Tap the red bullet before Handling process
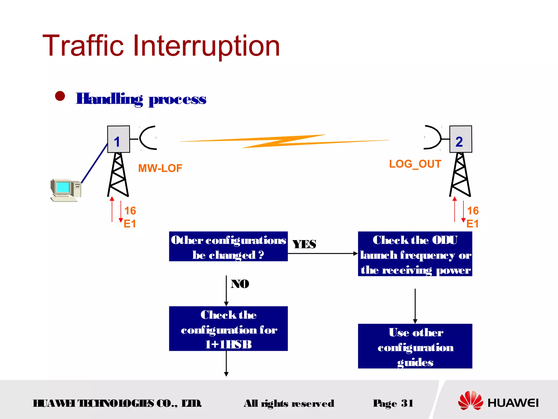pos(60,96)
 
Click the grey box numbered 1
pos(118,139)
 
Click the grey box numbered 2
pos(460,139)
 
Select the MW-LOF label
pos(160,168)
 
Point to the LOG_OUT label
pos(415,164)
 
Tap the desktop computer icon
pos(66,190)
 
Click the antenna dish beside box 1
pos(147,138)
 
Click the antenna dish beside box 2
pos(433,137)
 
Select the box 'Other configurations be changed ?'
pos(228,247)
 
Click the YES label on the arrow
pos(304,244)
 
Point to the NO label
pos(240,284)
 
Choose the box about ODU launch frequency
pos(415,254)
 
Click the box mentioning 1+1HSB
pos(228,328)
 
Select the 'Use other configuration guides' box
pos(415,346)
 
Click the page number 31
pos(407,403)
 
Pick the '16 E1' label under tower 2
pos(472,217)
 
